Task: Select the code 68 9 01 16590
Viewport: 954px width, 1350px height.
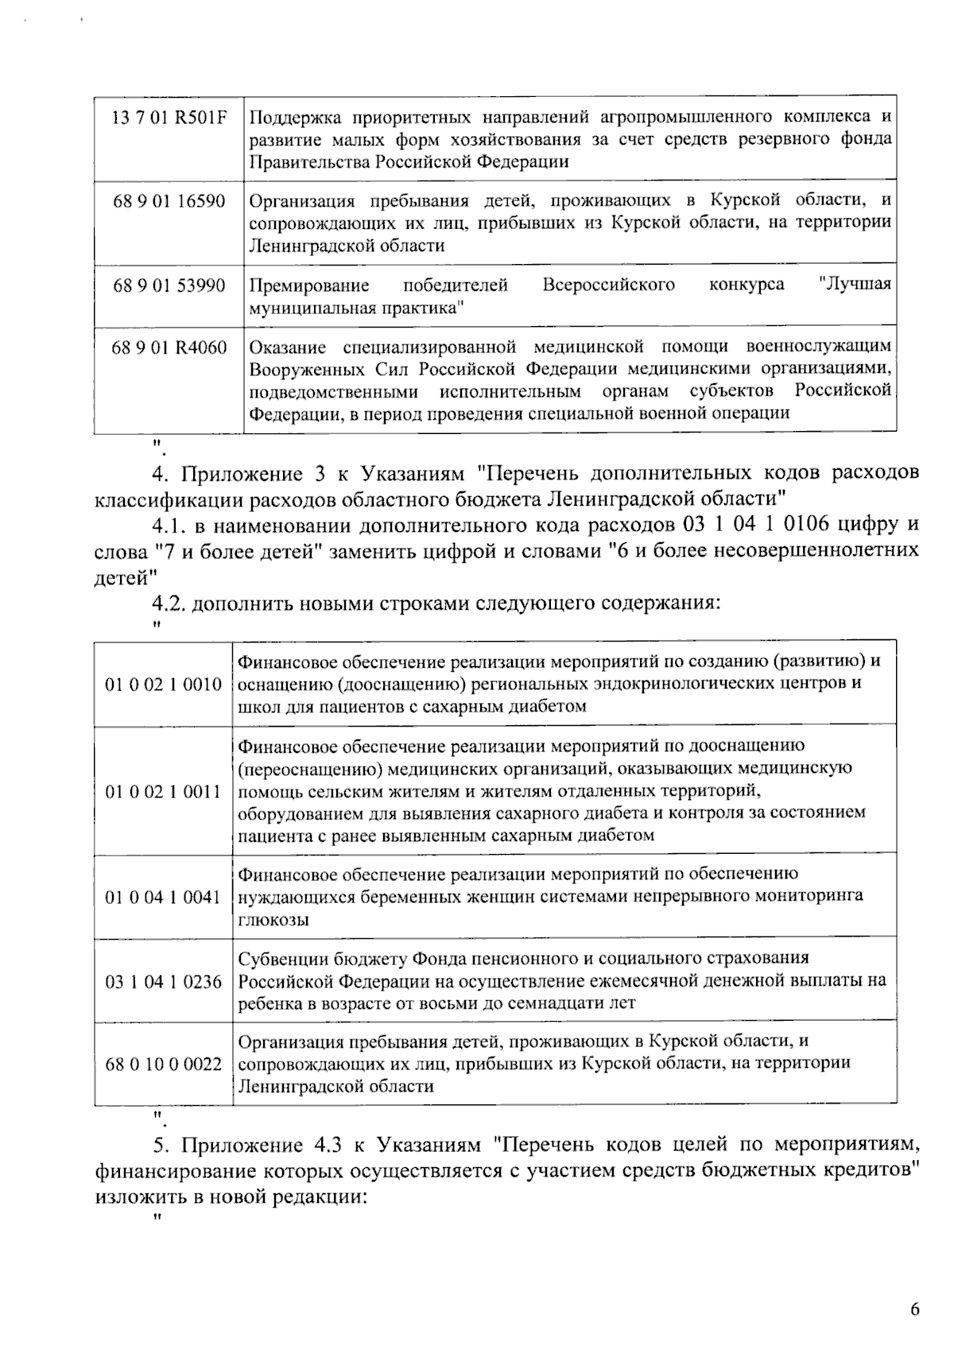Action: coord(169,200)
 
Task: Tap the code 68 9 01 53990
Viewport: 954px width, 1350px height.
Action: coord(169,285)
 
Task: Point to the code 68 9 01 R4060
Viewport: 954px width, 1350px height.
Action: coord(169,347)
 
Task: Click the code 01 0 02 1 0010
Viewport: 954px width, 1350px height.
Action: coord(163,684)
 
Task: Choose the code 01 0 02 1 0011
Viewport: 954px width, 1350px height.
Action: coord(163,791)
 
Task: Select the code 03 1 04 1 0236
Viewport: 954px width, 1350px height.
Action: coord(163,982)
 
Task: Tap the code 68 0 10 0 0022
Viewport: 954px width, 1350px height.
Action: coord(163,1065)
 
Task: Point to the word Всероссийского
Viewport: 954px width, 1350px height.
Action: coord(608,285)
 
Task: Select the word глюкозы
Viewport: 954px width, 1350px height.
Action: coord(273,920)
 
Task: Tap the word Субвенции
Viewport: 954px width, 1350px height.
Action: coord(280,959)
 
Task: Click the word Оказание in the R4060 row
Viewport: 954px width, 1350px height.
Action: coord(288,347)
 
